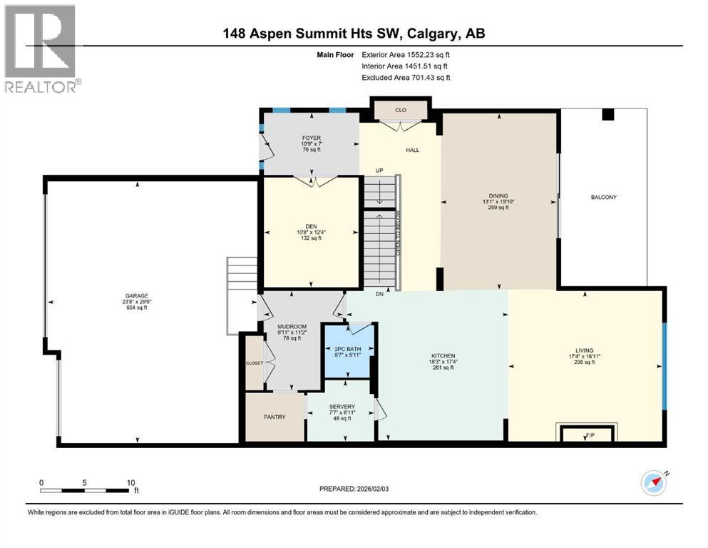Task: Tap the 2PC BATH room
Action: point(349,350)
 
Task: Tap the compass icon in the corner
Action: point(653,483)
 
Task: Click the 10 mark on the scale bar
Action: point(130,482)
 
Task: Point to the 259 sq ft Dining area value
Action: point(499,208)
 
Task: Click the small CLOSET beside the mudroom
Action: point(255,362)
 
